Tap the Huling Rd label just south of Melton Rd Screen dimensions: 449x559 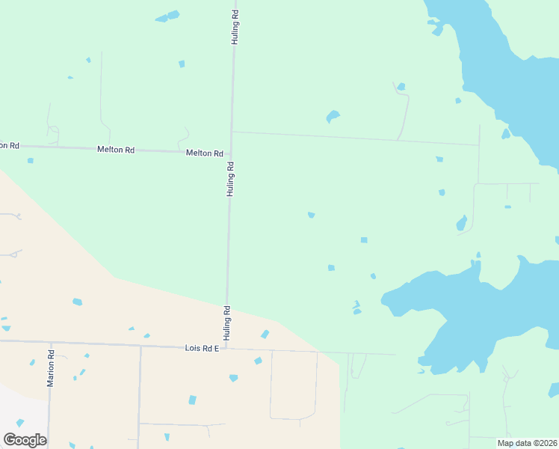click(231, 179)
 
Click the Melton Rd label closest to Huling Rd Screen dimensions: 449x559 click(205, 153)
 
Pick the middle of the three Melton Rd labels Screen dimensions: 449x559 click(116, 150)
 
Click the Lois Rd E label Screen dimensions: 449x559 click(202, 349)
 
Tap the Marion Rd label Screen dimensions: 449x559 click(51, 369)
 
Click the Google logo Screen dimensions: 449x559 click(25, 440)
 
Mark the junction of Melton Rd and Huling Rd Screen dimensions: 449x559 click(232, 153)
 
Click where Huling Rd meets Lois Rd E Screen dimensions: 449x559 click(226, 348)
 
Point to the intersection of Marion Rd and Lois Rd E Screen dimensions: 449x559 click(51, 343)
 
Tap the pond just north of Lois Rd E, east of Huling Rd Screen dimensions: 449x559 click(265, 334)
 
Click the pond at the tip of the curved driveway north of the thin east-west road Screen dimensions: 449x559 click(401, 87)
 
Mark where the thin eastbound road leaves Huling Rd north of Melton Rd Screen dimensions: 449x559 click(232, 132)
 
